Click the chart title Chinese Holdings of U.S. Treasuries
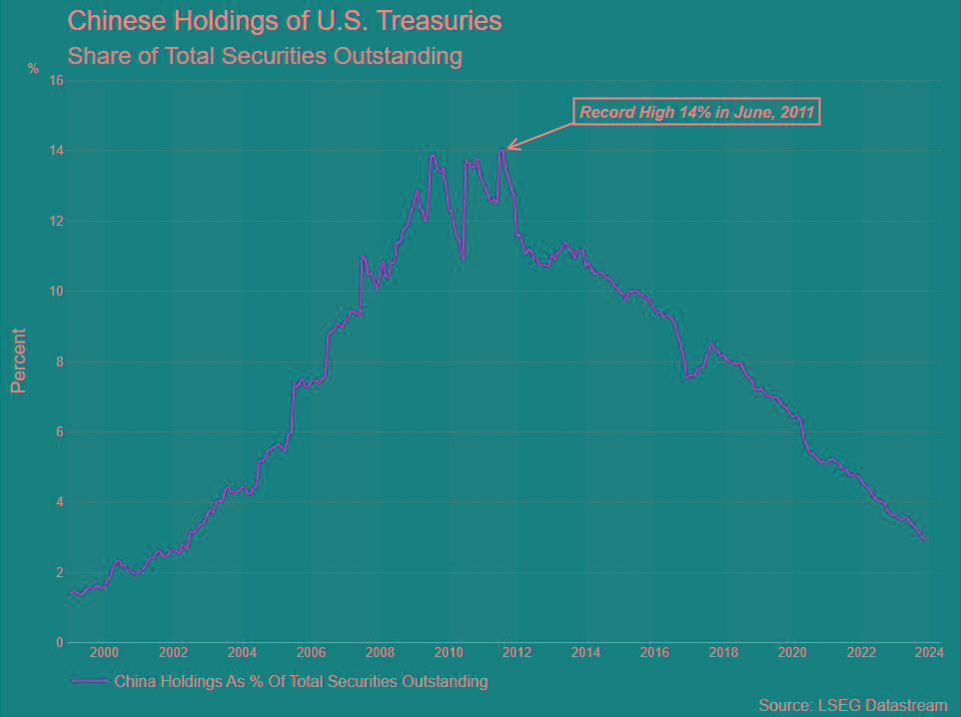click(285, 20)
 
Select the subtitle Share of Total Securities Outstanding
click(265, 56)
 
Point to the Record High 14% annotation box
click(696, 112)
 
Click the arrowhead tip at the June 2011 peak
click(507, 149)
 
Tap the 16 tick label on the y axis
click(57, 81)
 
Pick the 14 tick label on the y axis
click(57, 151)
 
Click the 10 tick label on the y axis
click(57, 292)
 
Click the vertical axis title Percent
click(18, 359)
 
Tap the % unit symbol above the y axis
click(33, 69)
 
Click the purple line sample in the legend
click(90, 682)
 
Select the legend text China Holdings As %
click(301, 682)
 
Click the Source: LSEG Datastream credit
click(852, 706)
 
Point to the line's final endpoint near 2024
click(925, 539)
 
